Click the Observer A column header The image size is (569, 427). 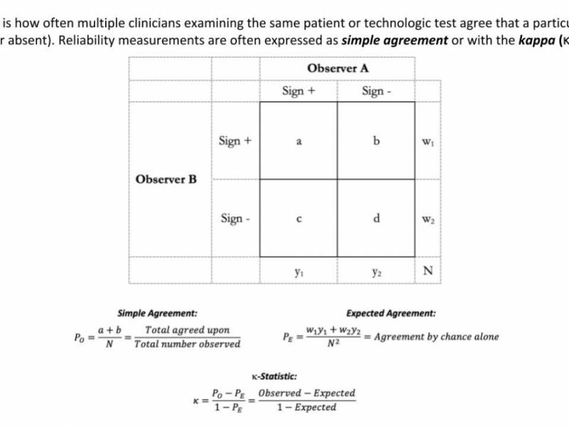tap(338, 68)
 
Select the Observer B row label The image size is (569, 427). tap(166, 179)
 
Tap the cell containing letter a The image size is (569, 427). tap(299, 141)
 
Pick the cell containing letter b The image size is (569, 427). tap(376, 141)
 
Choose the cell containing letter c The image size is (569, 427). tap(299, 218)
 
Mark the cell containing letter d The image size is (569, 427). tap(376, 218)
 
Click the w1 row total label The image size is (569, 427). tap(427, 141)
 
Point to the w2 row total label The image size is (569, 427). tap(427, 218)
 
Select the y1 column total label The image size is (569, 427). tap(299, 271)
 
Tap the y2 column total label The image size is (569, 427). tap(376, 271)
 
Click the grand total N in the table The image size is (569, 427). tap(427, 271)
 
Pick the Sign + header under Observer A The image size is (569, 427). tap(299, 91)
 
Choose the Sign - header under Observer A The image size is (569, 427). tap(376, 91)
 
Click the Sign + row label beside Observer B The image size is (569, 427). tap(235, 141)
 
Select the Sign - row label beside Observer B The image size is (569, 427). tap(235, 218)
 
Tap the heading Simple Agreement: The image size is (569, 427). tap(157, 313)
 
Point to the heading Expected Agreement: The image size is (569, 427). tap(391, 313)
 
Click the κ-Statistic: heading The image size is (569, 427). tap(275, 376)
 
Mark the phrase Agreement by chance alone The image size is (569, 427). tap(436, 337)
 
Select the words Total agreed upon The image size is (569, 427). tap(187, 330)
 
